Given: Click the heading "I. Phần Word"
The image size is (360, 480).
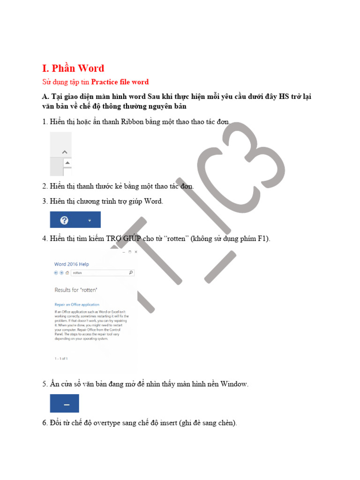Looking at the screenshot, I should tap(73, 68).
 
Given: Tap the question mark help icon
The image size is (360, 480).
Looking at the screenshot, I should tap(65, 220).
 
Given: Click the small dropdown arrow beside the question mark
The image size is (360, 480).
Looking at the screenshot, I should tap(90, 220).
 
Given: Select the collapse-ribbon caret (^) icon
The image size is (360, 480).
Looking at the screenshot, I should tap(65, 152).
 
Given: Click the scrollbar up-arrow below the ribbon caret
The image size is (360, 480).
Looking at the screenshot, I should tap(67, 163).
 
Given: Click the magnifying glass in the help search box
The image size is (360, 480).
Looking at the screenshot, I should tap(131, 272).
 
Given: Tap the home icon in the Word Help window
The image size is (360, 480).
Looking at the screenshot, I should tap(67, 272).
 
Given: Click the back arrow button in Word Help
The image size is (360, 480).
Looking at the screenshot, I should tap(56, 272).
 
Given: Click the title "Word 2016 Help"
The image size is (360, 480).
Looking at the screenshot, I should tap(71, 264).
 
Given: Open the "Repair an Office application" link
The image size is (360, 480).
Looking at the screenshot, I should tap(77, 304).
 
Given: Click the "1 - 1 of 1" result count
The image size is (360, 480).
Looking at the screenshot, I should tap(61, 359).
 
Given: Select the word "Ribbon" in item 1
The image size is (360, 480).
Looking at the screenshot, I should tap(133, 122).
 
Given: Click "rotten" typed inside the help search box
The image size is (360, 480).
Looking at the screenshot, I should tap(77, 272).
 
